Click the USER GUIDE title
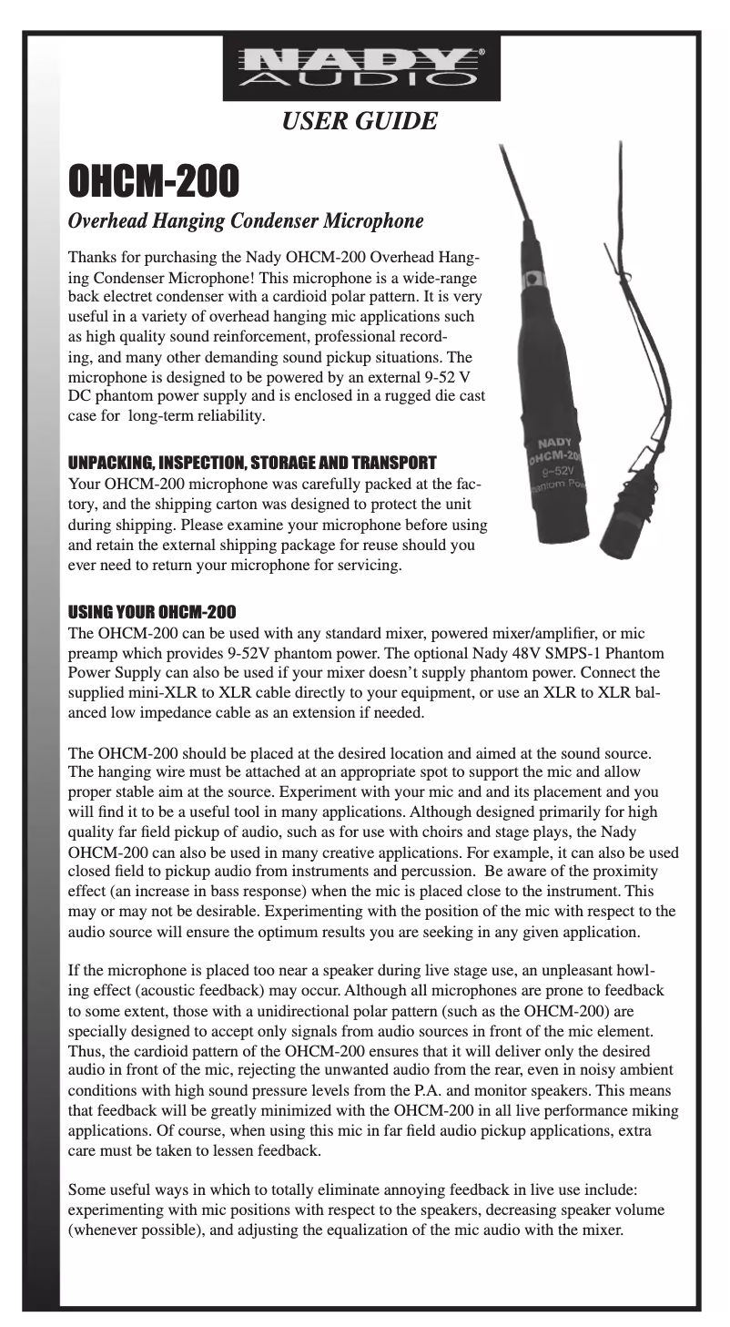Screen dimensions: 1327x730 [x=360, y=118]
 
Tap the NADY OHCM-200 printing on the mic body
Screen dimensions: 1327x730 [x=554, y=449]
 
